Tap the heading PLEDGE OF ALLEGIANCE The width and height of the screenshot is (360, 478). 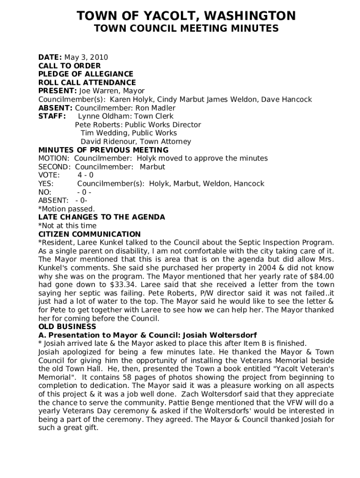(86, 74)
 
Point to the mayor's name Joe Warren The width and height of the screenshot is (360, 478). (112, 91)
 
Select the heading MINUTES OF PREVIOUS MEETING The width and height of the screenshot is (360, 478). (103, 150)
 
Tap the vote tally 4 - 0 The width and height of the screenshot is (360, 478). (86, 175)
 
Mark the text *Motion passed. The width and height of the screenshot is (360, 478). (66, 209)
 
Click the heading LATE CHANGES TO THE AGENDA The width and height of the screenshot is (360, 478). (101, 217)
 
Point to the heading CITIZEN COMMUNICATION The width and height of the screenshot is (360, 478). (89, 234)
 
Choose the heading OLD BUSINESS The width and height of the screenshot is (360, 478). (67, 327)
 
